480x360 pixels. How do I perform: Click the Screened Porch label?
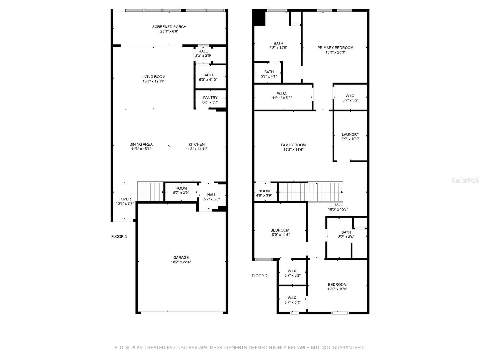pyautogui.click(x=169, y=27)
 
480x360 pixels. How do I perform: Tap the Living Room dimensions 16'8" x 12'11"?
pyautogui.click(x=153, y=81)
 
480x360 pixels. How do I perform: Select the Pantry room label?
pyautogui.click(x=210, y=97)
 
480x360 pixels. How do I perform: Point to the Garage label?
pyautogui.click(x=181, y=257)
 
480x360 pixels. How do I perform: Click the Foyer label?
pyautogui.click(x=124, y=199)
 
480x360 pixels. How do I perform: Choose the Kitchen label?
pyautogui.click(x=196, y=144)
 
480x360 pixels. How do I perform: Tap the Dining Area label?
pyautogui.click(x=141, y=144)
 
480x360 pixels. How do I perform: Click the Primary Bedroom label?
pyautogui.click(x=335, y=48)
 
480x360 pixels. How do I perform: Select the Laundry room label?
pyautogui.click(x=350, y=134)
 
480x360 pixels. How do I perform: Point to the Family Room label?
pyautogui.click(x=293, y=145)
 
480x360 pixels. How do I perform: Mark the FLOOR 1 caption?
pyautogui.click(x=119, y=236)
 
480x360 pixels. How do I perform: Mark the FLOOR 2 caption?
pyautogui.click(x=259, y=276)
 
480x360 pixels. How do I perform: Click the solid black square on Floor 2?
pyautogui.click(x=259, y=17)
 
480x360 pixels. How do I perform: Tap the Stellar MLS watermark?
pyautogui.click(x=465, y=180)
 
